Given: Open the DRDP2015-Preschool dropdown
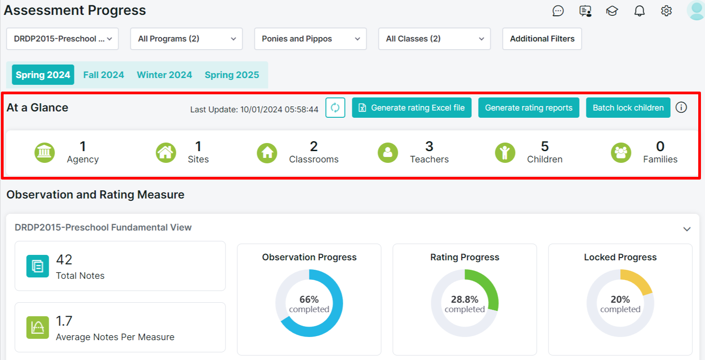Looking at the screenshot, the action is point(62,39).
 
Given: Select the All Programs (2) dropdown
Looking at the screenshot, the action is point(186,39).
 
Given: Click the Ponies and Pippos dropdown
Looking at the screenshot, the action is point(310,39).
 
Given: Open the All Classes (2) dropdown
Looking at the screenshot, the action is point(434,39).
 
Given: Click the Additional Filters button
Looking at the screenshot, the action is point(542,39).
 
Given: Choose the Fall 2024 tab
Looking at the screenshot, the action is point(104,75).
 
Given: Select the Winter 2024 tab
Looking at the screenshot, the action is point(164,75).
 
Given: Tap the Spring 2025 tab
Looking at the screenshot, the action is point(232,75).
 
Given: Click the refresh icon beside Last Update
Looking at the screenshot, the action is point(335,108).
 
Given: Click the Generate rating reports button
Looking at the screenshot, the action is point(529,108).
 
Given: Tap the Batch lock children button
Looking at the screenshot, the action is point(628,108).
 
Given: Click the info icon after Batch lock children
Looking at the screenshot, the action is point(681,108).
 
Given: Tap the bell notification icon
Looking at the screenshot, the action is point(639,11).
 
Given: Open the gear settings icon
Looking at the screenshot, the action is point(666,11).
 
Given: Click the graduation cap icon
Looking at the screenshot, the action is point(612,11).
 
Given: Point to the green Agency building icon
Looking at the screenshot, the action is point(44,152).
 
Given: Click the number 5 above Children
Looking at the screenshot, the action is point(545,146).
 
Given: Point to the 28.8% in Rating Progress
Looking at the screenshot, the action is point(465,299).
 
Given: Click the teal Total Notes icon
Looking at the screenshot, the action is point(37,266).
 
